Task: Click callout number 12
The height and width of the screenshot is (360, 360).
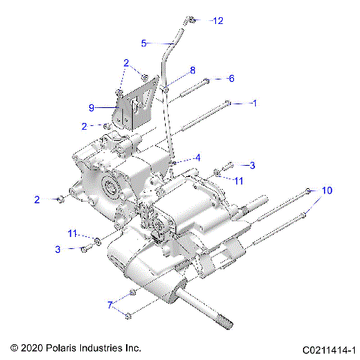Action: point(218,20)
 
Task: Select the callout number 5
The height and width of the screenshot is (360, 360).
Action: point(144,43)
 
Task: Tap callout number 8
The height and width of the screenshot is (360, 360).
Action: point(192,70)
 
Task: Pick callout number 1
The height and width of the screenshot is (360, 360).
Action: point(253,102)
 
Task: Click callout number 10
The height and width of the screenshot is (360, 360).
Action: point(326,190)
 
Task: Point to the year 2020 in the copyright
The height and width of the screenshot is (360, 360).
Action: point(34,349)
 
